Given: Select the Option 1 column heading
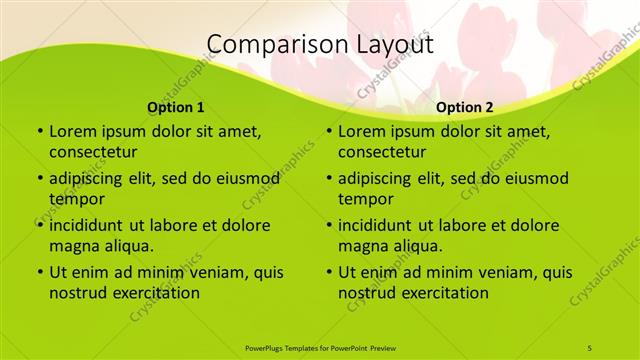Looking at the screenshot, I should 176,107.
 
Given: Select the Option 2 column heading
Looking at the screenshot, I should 465,107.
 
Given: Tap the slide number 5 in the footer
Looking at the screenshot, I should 590,346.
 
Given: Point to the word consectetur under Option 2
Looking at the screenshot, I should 382,152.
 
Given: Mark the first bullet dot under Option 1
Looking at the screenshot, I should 39,131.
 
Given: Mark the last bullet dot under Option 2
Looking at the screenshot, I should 328,272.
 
